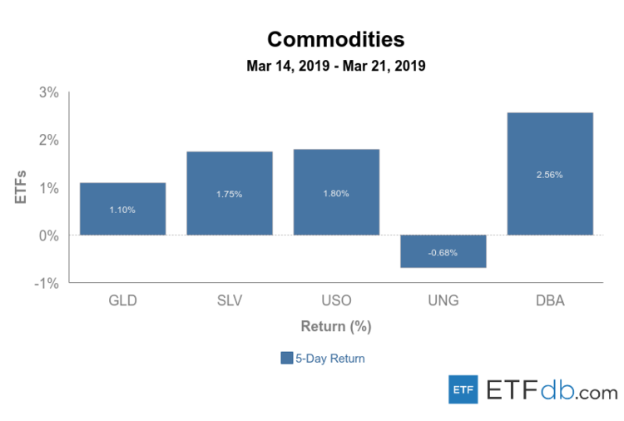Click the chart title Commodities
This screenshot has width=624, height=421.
(x=335, y=39)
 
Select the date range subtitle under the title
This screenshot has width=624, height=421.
(x=335, y=66)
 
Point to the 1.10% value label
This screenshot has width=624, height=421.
(x=122, y=210)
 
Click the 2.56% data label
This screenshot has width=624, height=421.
(x=550, y=175)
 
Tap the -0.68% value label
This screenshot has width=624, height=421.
(x=443, y=252)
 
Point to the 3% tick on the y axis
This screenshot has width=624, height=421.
(x=48, y=92)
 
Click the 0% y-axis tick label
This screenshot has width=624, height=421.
(x=48, y=235)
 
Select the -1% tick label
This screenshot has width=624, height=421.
(x=47, y=284)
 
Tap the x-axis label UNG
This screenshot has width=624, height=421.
(x=443, y=300)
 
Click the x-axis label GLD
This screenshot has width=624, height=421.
(x=122, y=300)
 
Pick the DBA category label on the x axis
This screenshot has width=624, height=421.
(x=550, y=300)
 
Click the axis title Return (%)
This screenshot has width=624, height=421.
(x=335, y=326)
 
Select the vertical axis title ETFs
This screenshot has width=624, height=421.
(x=22, y=187)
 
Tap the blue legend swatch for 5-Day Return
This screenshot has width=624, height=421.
(x=287, y=359)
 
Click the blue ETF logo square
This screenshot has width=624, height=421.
(x=463, y=389)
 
